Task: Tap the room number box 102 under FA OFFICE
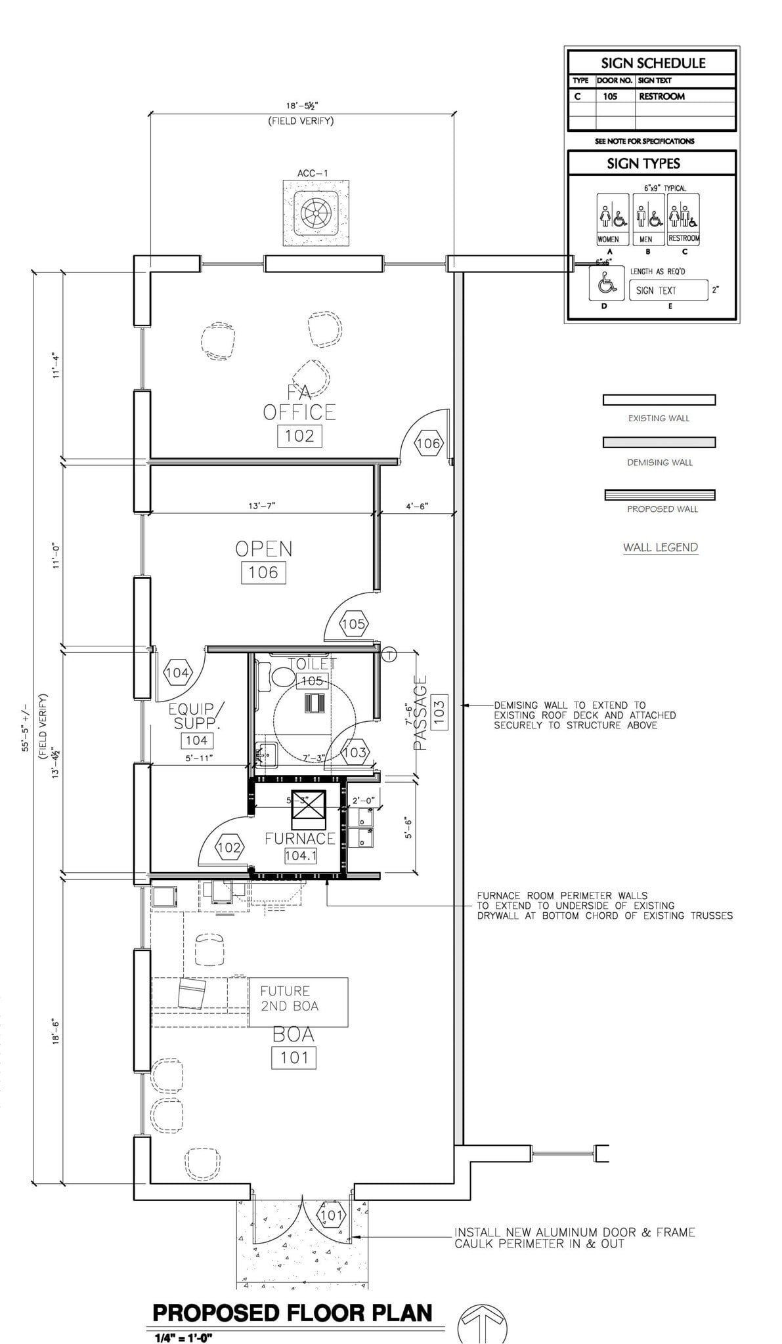coord(299,436)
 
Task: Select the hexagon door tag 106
coord(428,444)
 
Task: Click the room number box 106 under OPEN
coord(263,573)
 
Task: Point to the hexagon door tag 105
coord(353,624)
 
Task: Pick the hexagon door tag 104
coord(177,673)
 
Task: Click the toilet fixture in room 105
coord(283,675)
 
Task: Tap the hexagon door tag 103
coord(355,752)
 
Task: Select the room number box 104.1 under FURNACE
coord(301,856)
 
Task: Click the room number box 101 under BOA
coord(293,1057)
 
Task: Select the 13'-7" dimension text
coord(262,506)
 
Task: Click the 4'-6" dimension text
coord(416,506)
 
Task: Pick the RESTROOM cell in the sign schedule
coord(662,96)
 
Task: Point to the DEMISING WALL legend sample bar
coord(659,443)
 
